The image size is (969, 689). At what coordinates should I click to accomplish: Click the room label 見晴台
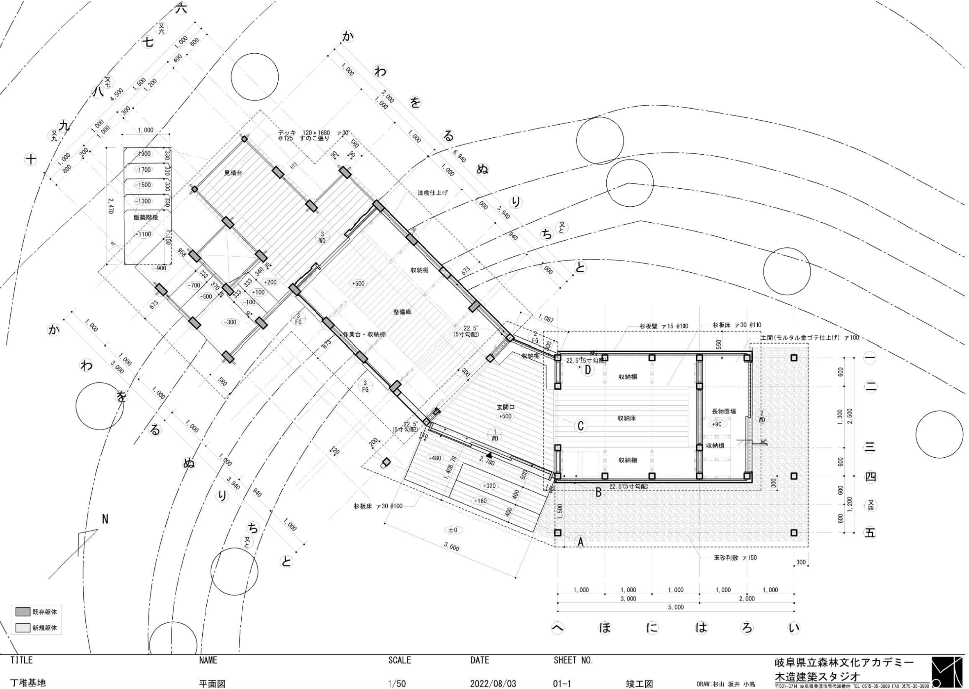tap(233, 173)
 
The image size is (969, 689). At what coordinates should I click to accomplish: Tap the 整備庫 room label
tap(402, 311)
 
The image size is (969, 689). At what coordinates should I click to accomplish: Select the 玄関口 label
tap(505, 407)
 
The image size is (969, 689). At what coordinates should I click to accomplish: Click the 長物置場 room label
tap(724, 411)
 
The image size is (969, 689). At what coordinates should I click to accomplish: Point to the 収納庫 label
tap(626, 418)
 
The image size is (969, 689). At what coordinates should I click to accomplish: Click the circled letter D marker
tap(587, 370)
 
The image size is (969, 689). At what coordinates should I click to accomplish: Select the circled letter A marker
tap(580, 542)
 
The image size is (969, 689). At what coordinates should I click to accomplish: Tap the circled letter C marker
tap(580, 426)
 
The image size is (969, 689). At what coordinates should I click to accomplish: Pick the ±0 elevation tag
tap(453, 530)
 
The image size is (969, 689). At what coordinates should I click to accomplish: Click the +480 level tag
tap(434, 458)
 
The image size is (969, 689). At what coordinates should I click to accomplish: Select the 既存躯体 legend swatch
tap(23, 612)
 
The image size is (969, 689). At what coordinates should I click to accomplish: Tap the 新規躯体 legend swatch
tap(23, 627)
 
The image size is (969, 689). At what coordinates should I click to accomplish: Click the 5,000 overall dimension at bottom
tap(675, 607)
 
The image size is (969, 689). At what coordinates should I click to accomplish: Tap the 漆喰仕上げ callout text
tap(432, 193)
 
